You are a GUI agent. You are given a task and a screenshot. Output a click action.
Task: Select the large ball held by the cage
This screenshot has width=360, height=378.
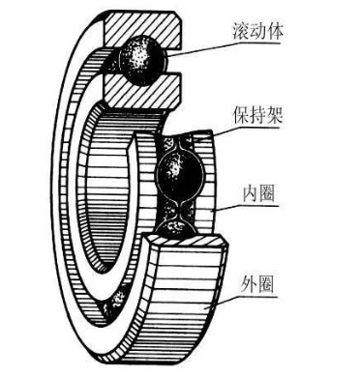click(181, 174)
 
